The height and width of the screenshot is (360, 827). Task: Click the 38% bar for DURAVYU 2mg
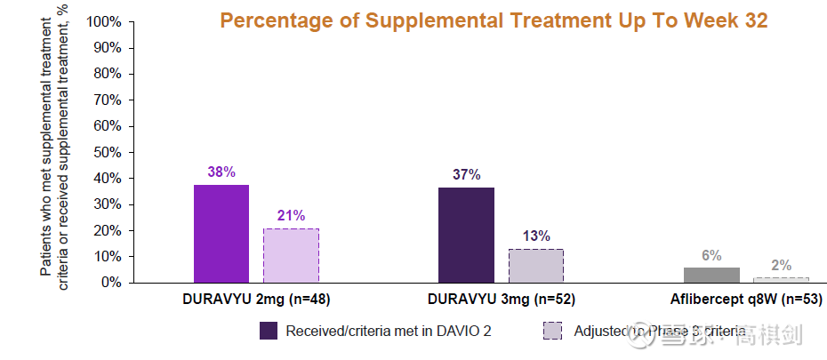coord(221,233)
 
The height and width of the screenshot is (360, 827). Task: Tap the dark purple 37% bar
coord(466,235)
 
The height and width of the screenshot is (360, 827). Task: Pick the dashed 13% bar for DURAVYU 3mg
coord(535,265)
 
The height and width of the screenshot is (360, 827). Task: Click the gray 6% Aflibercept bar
coord(711,275)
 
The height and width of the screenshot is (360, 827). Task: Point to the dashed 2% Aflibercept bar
coord(782,280)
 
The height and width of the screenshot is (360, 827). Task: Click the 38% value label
coord(221,172)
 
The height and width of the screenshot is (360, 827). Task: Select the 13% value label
coord(536,236)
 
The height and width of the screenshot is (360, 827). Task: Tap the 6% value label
coord(711,255)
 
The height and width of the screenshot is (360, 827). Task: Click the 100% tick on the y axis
coord(105,21)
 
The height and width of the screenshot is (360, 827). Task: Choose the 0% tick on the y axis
coord(112,283)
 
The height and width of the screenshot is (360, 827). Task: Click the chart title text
coord(494,20)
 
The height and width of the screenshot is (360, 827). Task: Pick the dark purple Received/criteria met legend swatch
coord(269,331)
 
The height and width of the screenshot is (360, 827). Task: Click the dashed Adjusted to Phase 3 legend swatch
coord(551,331)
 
